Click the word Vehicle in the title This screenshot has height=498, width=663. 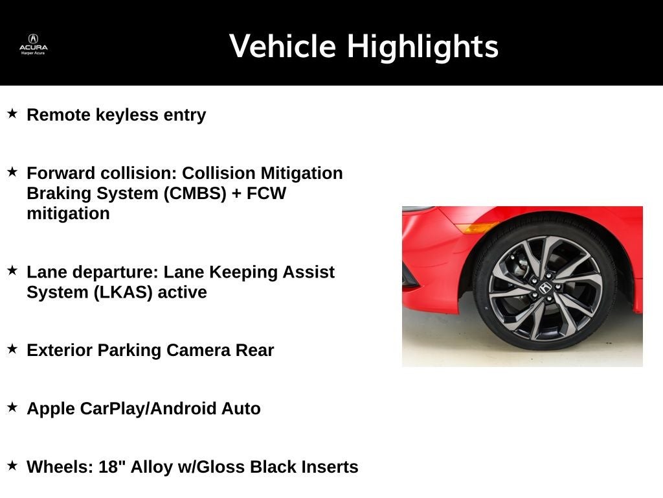pyautogui.click(x=282, y=47)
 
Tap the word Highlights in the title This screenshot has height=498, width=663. pyautogui.click(x=422, y=47)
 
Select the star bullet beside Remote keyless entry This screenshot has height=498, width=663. pyautogui.click(x=12, y=113)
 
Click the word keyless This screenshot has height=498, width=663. pyautogui.click(x=126, y=115)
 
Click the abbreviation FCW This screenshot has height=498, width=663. pyautogui.click(x=265, y=193)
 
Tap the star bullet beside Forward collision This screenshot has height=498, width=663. pyautogui.click(x=12, y=172)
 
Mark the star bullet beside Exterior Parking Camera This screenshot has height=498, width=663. pyautogui.click(x=12, y=349)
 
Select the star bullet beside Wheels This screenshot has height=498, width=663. pyautogui.click(x=12, y=466)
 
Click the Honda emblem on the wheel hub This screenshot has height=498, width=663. pyautogui.click(x=545, y=287)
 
